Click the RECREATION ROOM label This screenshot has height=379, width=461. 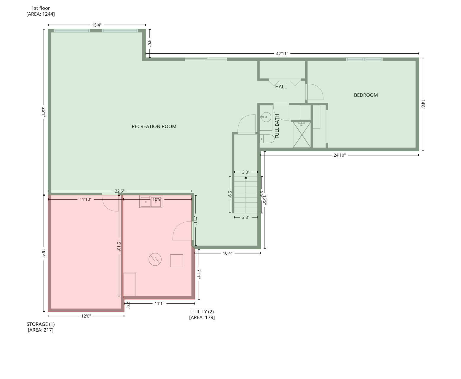pyautogui.click(x=154, y=126)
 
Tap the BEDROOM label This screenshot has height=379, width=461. pyautogui.click(x=366, y=95)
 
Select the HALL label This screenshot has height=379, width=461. pyautogui.click(x=281, y=87)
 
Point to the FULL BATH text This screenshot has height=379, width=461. pyautogui.click(x=277, y=126)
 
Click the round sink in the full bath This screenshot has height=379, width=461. pyautogui.click(x=266, y=117)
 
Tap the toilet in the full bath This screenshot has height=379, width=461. pyautogui.click(x=267, y=139)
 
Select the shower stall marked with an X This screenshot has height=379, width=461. pyautogui.click(x=302, y=135)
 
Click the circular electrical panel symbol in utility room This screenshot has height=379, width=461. pyautogui.click(x=155, y=259)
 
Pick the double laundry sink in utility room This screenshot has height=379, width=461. pyautogui.click(x=151, y=202)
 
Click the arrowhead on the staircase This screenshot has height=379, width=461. pyautogui.click(x=246, y=177)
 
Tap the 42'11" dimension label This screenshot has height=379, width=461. pyautogui.click(x=282, y=54)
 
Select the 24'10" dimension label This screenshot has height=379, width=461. pyautogui.click(x=339, y=155)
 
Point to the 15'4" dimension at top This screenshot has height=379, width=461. pyautogui.click(x=97, y=25)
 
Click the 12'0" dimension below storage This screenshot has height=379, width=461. pyautogui.click(x=86, y=316)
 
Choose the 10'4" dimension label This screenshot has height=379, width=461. pyautogui.click(x=228, y=253)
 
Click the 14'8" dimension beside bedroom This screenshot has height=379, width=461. pyautogui.click(x=423, y=104)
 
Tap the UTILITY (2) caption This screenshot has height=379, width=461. pyautogui.click(x=202, y=311)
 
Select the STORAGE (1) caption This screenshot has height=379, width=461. pyautogui.click(x=41, y=324)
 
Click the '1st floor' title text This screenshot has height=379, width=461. pyautogui.click(x=41, y=8)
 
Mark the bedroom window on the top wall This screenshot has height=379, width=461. pyautogui.click(x=364, y=60)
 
